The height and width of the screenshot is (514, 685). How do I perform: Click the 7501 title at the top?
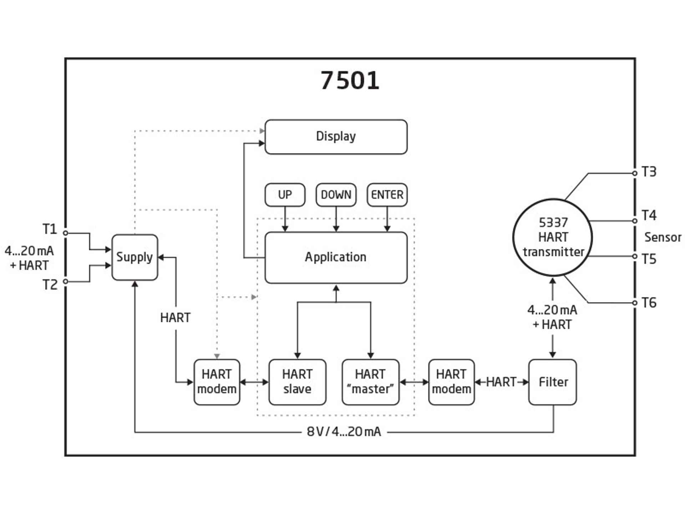tap(350, 80)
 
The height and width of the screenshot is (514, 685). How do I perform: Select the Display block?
tap(336, 137)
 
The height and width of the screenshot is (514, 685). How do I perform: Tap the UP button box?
tap(285, 195)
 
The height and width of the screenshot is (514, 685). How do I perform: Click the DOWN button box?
tap(336, 195)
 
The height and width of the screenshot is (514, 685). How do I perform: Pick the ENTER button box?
tap(387, 195)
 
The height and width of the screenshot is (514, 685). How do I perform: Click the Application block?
tap(336, 257)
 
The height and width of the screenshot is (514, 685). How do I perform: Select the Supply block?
tap(135, 257)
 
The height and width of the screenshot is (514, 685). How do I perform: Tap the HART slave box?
tap(297, 382)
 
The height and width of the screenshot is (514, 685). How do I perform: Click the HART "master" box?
tap(370, 382)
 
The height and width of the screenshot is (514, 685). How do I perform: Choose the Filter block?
tap(553, 382)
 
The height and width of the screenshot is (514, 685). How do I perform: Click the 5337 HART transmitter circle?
tap(553, 237)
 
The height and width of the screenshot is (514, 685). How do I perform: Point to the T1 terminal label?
tap(50, 229)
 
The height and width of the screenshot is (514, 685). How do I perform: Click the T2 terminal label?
tap(50, 285)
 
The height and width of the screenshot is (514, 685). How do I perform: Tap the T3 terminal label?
tap(649, 172)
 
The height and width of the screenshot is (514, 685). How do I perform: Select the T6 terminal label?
tap(649, 303)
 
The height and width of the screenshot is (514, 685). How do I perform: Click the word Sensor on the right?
tap(663, 237)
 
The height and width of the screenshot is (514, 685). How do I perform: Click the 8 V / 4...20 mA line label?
tap(344, 432)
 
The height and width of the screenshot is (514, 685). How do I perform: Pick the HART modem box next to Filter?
tap(451, 382)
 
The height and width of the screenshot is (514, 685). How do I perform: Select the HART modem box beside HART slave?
tap(217, 382)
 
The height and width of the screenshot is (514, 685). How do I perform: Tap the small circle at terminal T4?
tap(635, 221)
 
